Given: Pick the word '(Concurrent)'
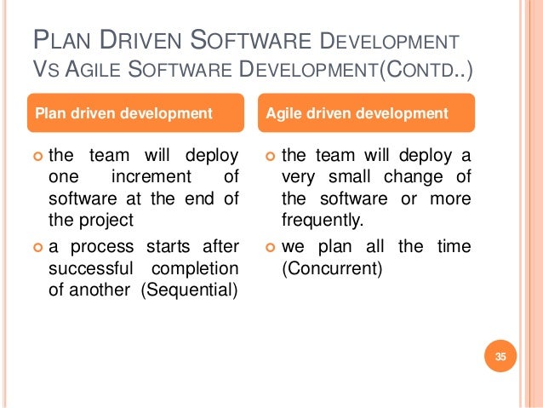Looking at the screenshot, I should (333, 268).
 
